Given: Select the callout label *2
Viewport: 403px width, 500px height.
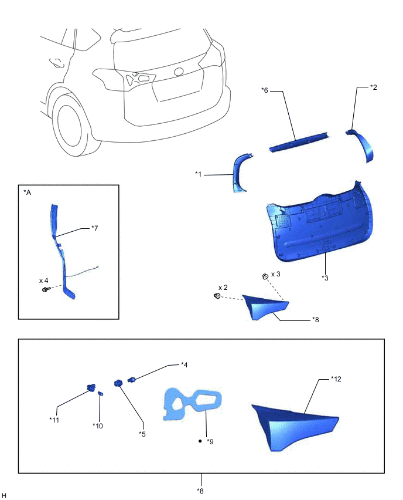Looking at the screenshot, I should point(373,87).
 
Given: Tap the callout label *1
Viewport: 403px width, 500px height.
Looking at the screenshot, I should point(199,174).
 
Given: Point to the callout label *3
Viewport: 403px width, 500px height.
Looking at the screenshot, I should point(325,278).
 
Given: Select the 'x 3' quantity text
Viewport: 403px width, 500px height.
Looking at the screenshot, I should point(276,274).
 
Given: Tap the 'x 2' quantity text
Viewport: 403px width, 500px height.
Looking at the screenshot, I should point(223,288).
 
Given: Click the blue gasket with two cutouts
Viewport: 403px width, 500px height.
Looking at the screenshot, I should point(192,404).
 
